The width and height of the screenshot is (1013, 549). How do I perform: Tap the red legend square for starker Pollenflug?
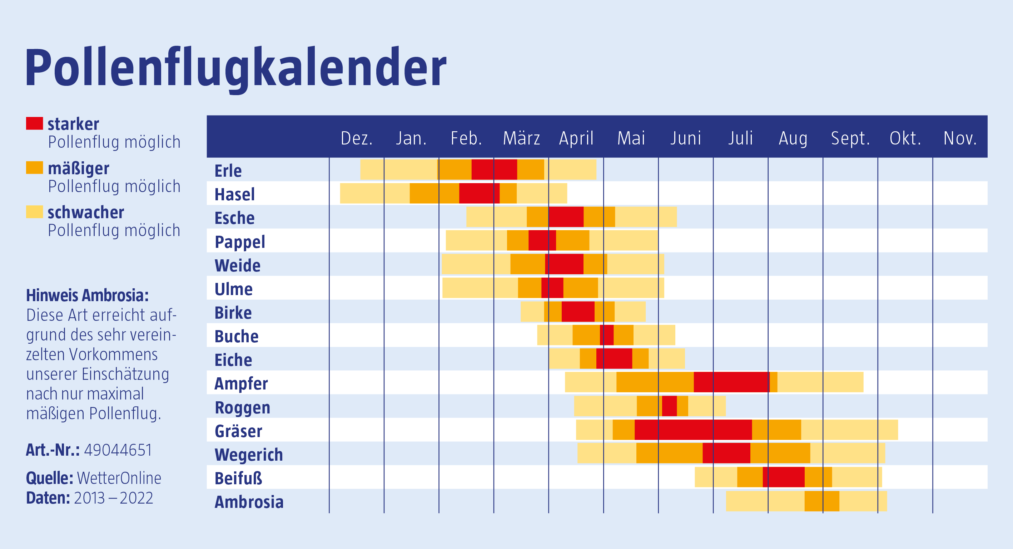tap(34, 124)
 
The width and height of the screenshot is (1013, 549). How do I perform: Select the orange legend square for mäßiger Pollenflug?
tap(34, 168)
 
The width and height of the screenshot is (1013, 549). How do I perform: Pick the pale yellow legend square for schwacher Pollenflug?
tap(34, 212)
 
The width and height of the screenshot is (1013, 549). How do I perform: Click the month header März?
tap(521, 138)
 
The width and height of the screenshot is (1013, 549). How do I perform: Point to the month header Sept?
tap(850, 138)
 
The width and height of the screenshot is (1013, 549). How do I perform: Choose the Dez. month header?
tap(356, 138)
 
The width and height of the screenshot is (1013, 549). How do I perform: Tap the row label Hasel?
tap(234, 195)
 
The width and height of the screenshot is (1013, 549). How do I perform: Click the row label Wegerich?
tap(249, 455)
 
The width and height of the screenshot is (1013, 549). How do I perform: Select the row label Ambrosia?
tap(249, 502)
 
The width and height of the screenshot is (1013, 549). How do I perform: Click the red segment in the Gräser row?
tap(693, 430)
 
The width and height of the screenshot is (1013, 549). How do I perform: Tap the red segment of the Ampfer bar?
tap(731, 382)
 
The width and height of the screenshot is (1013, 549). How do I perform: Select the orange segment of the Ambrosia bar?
tap(821, 501)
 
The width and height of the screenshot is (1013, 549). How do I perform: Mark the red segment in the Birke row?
tap(578, 311)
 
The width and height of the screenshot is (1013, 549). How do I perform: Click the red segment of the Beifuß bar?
tap(783, 477)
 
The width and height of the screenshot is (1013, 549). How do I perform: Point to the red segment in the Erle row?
tap(494, 170)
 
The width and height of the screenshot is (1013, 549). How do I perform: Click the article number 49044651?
tap(118, 450)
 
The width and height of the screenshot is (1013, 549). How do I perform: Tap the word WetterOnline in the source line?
tap(119, 478)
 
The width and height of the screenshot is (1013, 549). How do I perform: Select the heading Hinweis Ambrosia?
tap(87, 295)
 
